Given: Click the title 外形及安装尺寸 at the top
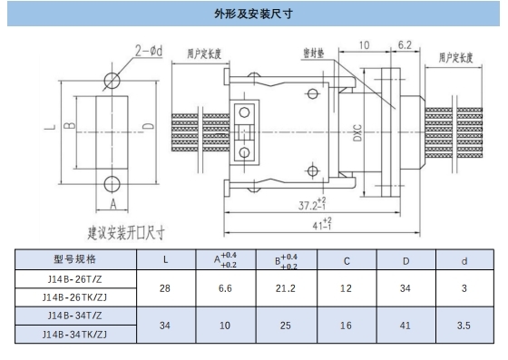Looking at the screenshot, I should point(253,15).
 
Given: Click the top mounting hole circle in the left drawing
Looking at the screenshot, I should point(112,79).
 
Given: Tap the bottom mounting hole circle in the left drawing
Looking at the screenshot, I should point(112,181).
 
